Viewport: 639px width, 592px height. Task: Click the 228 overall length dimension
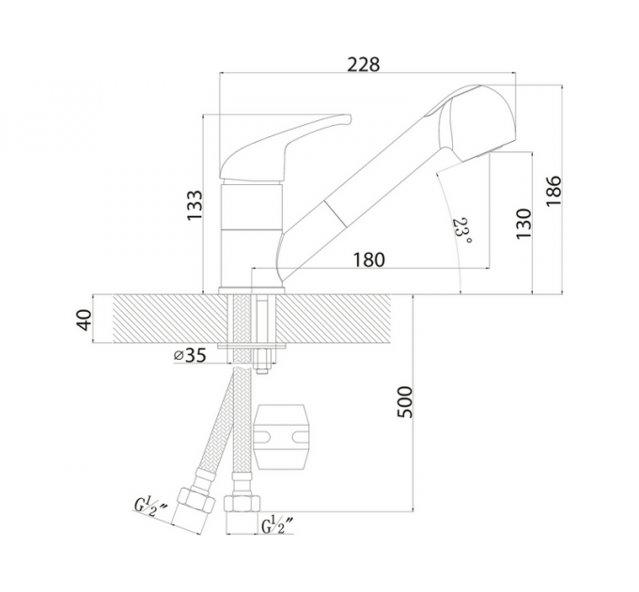point(363,65)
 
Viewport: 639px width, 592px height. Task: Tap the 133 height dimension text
point(195,206)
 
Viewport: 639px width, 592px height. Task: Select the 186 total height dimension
point(553,191)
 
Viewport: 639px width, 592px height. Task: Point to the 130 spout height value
point(523,224)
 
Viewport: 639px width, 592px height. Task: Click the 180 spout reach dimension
point(368,259)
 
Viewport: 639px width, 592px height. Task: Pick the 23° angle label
point(461,231)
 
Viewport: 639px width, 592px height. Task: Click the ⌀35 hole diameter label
point(190,355)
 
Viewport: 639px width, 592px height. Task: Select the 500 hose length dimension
point(405,402)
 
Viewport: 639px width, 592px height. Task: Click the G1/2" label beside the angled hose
point(151,506)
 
